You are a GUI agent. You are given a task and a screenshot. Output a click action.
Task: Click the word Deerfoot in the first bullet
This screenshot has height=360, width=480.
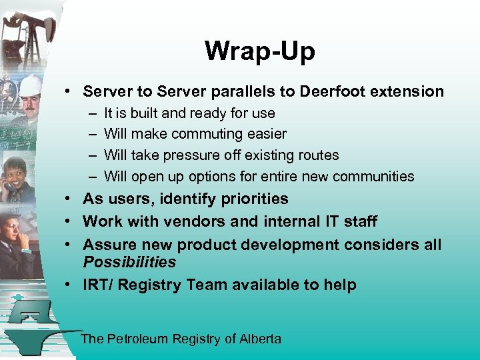pos(331,91)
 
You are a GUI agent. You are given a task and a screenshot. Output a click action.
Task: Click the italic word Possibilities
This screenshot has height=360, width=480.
pos(129,262)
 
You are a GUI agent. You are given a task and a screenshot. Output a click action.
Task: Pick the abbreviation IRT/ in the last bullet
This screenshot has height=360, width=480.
pos(97,285)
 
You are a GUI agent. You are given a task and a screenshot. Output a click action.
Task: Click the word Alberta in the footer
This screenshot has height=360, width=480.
pos(260,339)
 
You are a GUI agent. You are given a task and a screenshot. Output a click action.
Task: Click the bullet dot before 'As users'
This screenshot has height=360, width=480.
pos(69,199)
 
